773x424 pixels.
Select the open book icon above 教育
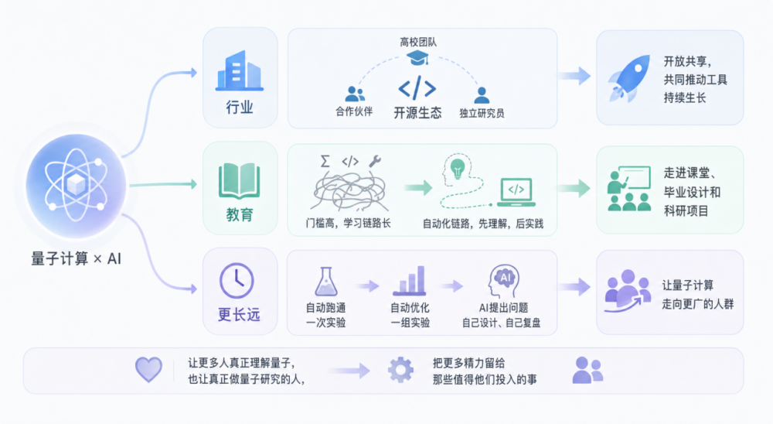click(x=240, y=180)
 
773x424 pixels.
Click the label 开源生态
click(x=417, y=112)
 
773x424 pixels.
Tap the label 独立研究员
click(x=482, y=113)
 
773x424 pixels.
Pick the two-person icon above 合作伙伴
click(x=355, y=94)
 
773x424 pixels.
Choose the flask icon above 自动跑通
click(x=325, y=282)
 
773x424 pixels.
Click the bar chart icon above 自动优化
click(x=410, y=282)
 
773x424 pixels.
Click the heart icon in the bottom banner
click(x=148, y=369)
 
